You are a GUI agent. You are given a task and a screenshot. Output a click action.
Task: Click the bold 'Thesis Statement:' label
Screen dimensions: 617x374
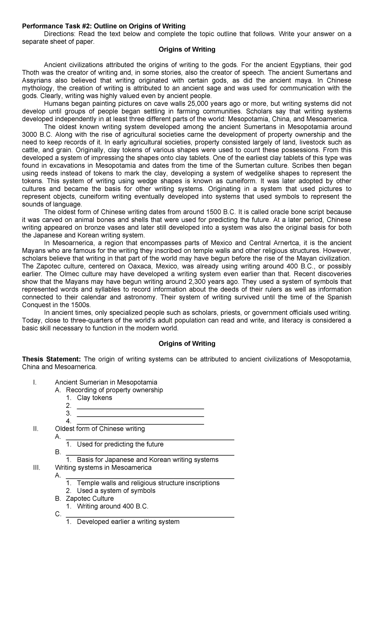point(52,359)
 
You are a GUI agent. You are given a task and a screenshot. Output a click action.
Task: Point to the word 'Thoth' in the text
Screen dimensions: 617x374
point(31,73)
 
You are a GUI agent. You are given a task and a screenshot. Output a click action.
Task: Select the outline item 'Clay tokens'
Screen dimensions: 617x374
point(94,398)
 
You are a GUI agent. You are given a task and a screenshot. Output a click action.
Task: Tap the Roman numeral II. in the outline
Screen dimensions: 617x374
point(36,429)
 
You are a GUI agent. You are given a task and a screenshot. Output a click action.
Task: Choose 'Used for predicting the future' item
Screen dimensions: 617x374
point(120,444)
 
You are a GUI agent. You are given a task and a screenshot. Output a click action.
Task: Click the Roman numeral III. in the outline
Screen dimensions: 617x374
point(36,467)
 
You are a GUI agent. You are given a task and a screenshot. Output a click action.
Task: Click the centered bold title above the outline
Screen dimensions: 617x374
point(187,344)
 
